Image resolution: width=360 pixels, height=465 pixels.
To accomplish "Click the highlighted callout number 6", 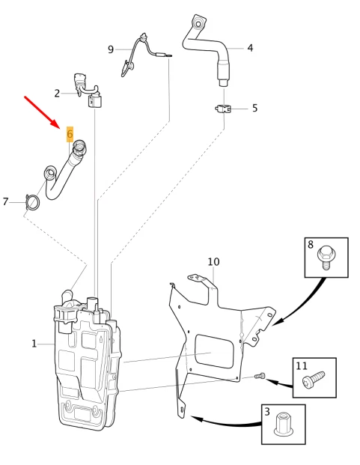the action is [70, 134].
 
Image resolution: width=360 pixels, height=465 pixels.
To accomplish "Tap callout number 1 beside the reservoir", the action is [34, 344].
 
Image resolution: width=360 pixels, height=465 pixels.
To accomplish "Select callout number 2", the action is [57, 94].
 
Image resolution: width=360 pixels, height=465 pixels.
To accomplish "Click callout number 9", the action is [111, 49].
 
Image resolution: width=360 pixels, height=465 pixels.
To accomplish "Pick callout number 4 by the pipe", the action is [251, 48].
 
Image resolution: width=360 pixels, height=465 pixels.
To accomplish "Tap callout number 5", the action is [254, 108].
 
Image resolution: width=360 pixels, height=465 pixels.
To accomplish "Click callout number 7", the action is [5, 201].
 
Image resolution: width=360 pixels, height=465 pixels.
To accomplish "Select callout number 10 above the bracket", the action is [213, 261].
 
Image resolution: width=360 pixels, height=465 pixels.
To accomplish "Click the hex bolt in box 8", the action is [326, 257].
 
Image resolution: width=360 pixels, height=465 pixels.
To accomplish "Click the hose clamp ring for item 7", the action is [33, 202].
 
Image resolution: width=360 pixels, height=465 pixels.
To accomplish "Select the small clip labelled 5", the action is [223, 109].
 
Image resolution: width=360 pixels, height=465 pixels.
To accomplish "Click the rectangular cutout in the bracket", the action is [214, 351].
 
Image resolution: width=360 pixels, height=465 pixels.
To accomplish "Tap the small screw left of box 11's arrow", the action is [260, 376].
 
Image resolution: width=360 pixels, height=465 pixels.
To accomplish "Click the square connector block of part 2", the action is [94, 101].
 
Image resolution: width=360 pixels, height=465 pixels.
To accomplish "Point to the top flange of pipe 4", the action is [199, 22].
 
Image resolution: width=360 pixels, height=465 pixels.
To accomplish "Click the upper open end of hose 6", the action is [79, 146].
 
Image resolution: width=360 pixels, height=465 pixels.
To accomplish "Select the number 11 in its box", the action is [302, 366].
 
